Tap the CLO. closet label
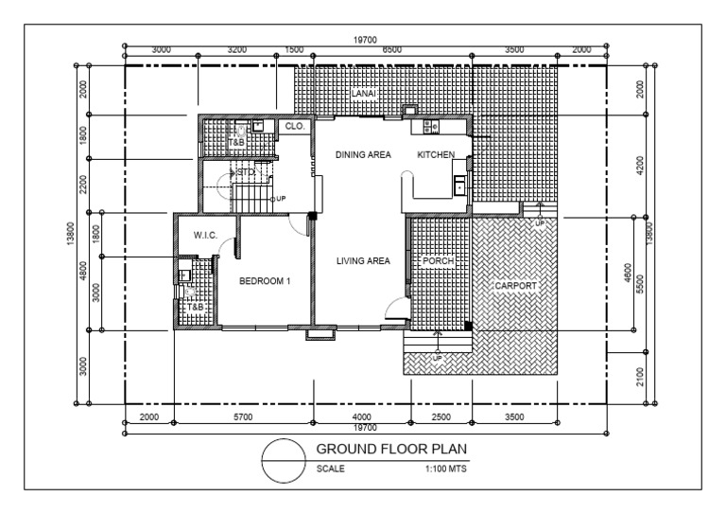294,124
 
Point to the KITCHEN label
436,154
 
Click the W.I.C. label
206,235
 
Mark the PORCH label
438,260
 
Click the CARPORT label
516,285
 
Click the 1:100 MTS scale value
446,468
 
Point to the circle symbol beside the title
285,461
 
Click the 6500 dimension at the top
390,48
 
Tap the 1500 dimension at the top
294,48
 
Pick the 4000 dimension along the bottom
362,417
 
